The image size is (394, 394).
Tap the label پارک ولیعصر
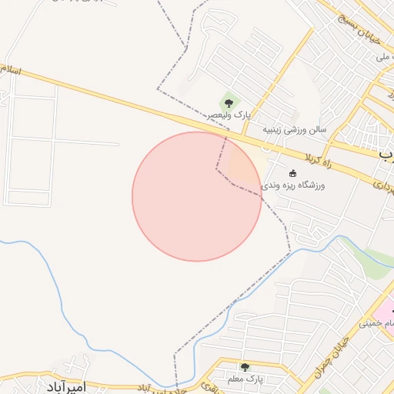pos(228,115)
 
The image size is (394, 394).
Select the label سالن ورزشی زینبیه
pos(295,129)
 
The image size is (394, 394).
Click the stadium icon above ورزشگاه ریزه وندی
pos(292,172)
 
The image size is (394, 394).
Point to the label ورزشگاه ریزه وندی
pos(293,185)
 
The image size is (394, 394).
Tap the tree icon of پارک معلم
pos(245,367)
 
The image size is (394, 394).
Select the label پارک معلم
pos(245,380)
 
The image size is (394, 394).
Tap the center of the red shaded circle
pos(196,196)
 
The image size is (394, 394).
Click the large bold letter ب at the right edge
pos(386,154)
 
